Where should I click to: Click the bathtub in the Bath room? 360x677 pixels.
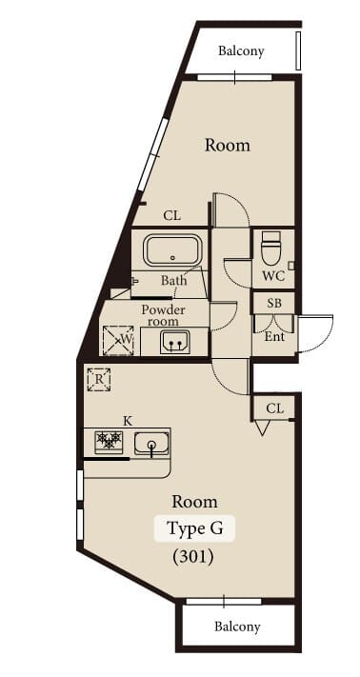tap(172, 250)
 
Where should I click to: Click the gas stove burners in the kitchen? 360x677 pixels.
tap(110, 442)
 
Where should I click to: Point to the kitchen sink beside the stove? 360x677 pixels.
tap(151, 443)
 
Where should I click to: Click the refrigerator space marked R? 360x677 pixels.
tap(99, 380)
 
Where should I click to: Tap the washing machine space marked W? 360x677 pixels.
tap(118, 341)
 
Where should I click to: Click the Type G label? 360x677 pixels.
tap(194, 528)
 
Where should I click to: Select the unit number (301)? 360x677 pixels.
tap(193, 557)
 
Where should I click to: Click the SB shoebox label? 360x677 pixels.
tap(274, 303)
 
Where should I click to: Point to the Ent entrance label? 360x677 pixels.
tap(274, 336)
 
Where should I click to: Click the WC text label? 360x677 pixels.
tap(273, 276)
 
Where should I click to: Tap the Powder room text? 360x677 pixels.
tap(163, 315)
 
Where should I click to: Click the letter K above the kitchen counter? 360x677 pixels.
tap(128, 421)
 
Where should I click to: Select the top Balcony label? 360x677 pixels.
tap(241, 51)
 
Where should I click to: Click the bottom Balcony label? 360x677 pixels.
tap(237, 627)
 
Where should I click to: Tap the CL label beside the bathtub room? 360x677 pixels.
tap(171, 215)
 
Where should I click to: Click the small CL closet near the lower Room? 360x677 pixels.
tap(274, 408)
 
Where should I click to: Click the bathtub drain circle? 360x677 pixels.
tap(172, 258)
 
